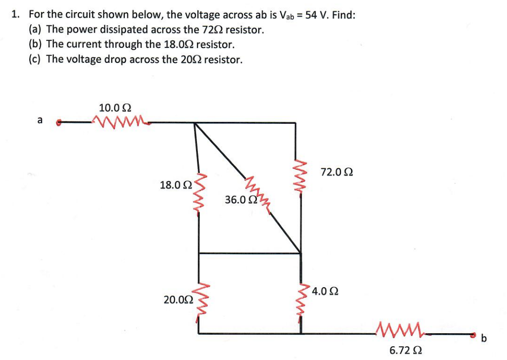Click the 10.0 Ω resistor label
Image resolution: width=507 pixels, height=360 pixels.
[115, 107]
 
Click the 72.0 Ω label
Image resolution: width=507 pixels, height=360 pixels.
[337, 172]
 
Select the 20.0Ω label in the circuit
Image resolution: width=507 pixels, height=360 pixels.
[178, 300]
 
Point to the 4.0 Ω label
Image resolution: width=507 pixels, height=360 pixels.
[325, 291]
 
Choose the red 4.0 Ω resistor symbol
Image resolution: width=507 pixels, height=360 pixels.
[299, 300]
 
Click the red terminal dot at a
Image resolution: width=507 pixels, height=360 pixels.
[59, 122]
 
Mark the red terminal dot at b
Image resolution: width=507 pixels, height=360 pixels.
[472, 335]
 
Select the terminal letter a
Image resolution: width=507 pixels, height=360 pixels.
[40, 120]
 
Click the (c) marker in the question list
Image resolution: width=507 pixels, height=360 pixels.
[36, 60]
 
